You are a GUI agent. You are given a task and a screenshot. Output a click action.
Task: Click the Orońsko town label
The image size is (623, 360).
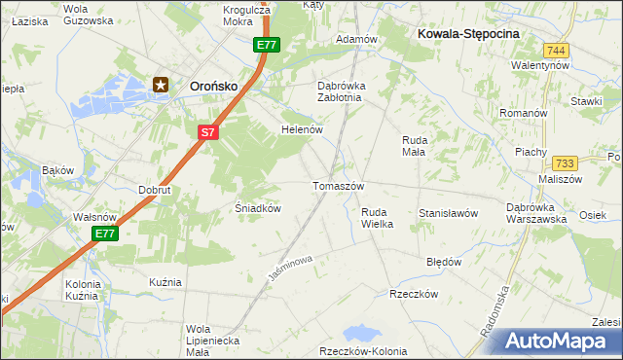point(215,86)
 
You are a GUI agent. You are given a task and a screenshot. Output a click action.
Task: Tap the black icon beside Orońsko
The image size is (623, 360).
point(162,86)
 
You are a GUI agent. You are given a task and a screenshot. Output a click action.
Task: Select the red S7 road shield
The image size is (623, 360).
point(206,131)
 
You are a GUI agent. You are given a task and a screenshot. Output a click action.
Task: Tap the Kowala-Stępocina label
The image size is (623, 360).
point(469,33)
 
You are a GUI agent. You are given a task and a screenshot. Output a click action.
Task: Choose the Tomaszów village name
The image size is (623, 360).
point(338,186)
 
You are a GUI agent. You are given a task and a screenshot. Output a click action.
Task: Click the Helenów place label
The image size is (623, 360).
point(301,129)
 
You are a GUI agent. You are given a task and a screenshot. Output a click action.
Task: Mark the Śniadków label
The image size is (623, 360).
point(259,208)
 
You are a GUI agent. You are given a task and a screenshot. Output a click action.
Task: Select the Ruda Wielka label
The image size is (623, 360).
point(377,218)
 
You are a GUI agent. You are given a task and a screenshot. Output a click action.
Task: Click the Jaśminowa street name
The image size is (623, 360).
point(291,270)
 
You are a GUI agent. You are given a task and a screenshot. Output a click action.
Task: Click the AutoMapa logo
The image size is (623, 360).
point(559,342)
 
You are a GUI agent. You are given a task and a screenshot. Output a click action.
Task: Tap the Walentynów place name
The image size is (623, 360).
point(539,65)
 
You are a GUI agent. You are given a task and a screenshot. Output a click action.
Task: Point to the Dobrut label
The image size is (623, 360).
point(155,190)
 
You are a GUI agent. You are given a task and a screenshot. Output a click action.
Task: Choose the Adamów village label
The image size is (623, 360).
point(355,39)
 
